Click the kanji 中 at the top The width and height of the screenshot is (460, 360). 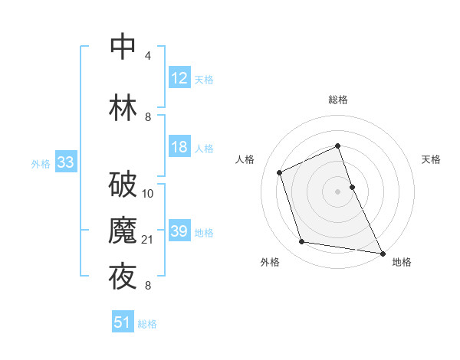[x=123, y=46]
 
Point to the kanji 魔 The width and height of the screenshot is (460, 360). [x=123, y=231]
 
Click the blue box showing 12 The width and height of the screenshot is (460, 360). [x=179, y=78]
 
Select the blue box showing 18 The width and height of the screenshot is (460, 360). [x=179, y=147]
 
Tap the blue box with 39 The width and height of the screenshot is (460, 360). [x=179, y=231]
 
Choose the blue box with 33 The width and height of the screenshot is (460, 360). [x=65, y=162]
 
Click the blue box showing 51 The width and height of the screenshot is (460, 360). [x=123, y=322]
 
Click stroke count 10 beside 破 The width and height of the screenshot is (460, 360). [x=148, y=194]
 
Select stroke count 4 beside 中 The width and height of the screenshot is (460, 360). [x=148, y=56]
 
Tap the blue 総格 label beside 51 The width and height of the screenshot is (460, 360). [x=147, y=324]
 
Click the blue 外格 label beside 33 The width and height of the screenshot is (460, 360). [x=41, y=164]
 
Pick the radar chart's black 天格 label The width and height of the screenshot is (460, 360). [x=431, y=159]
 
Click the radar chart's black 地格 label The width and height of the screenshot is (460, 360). [x=402, y=262]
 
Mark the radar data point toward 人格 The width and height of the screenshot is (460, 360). [x=280, y=172]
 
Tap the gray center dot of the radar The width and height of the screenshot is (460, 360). [x=337, y=191]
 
